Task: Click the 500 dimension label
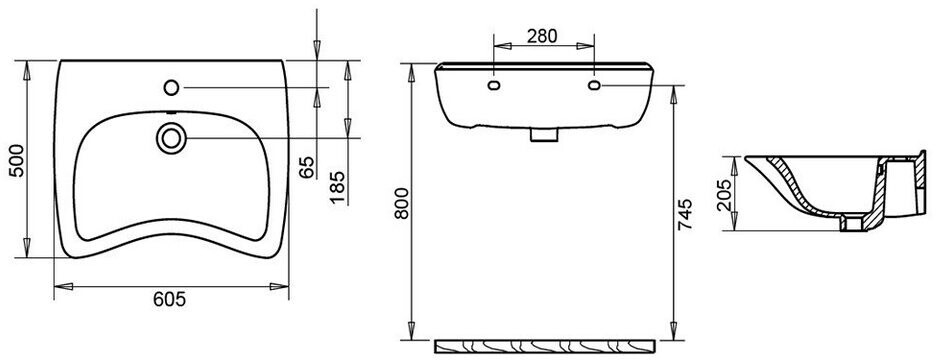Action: (18, 160)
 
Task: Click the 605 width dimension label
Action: (170, 299)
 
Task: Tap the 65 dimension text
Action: (307, 168)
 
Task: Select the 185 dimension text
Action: (338, 187)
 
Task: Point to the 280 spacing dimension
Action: (542, 36)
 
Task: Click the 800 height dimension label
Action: (402, 203)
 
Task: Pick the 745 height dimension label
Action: (685, 214)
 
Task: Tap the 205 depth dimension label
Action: (724, 195)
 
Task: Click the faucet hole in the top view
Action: (171, 88)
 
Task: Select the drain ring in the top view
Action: (171, 138)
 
